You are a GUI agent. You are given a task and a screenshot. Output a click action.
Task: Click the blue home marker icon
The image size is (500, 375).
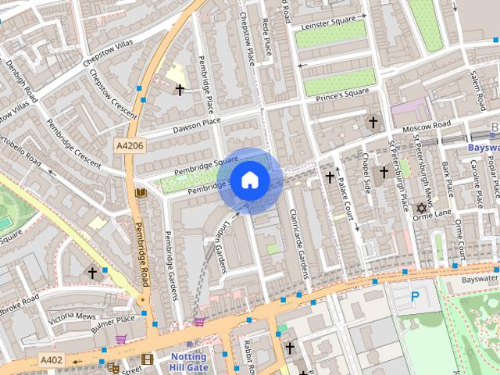click(x=249, y=180)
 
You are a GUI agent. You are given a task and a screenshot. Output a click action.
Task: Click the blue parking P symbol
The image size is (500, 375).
click(x=415, y=297)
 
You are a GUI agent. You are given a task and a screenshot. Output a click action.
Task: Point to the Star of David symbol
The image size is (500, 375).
click(x=422, y=209)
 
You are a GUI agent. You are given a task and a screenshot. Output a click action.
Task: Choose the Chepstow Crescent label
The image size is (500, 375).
click(x=113, y=88)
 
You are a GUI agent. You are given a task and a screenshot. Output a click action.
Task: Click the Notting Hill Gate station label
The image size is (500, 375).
click(x=188, y=362)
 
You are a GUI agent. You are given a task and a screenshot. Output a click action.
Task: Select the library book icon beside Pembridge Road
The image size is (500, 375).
click(x=141, y=192)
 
